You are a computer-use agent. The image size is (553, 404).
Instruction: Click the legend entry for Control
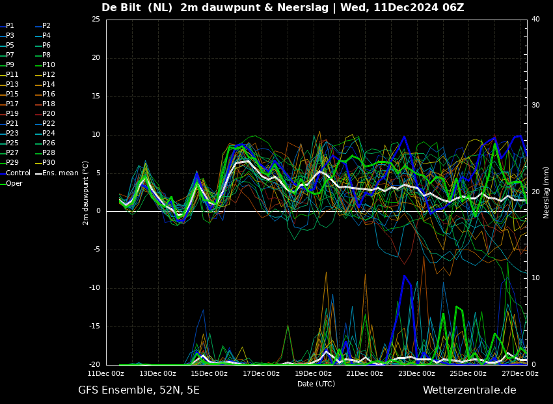(x=15, y=173)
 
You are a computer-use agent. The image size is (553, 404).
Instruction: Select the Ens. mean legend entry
(x=57, y=173)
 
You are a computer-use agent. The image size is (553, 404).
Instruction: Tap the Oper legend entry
(x=11, y=183)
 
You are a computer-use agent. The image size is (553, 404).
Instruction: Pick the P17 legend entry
(x=10, y=104)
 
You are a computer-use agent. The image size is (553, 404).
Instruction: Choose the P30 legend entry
(x=46, y=162)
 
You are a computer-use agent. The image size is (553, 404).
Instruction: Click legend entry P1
(x=7, y=26)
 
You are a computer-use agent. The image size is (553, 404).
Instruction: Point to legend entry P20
(x=46, y=114)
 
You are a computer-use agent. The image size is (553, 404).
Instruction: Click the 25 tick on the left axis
(x=96, y=19)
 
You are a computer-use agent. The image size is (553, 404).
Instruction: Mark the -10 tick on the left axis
(x=94, y=288)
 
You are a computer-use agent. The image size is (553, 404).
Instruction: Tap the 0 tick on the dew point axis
(x=98, y=211)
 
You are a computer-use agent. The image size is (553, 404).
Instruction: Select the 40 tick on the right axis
(x=535, y=19)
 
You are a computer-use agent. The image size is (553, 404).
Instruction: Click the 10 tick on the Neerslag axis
(x=535, y=278)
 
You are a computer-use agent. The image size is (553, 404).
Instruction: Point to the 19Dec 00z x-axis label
(x=312, y=373)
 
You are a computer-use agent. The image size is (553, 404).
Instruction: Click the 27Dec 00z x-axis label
(x=520, y=373)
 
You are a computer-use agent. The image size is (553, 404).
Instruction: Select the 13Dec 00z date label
(x=157, y=373)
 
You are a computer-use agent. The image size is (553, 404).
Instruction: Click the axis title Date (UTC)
(x=316, y=384)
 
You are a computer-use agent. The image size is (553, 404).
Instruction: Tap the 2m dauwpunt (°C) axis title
(x=85, y=193)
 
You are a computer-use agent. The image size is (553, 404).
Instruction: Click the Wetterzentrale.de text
(x=470, y=390)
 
